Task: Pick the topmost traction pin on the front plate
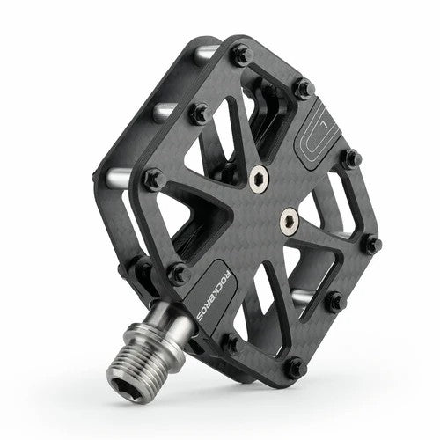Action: [240, 55]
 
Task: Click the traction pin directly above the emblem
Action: [303, 87]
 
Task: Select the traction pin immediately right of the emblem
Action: [350, 159]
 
